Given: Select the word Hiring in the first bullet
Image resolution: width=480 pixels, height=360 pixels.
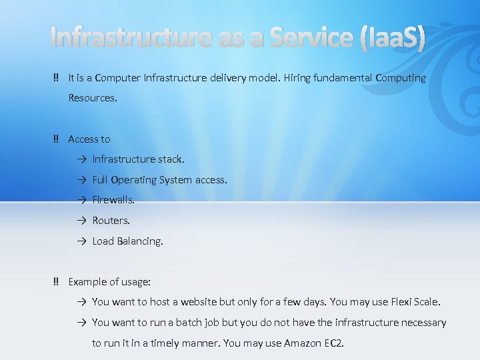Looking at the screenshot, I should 299,78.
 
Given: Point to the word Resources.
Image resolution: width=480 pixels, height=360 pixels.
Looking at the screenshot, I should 92,98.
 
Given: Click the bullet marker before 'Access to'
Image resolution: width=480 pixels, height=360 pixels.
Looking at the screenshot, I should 56,139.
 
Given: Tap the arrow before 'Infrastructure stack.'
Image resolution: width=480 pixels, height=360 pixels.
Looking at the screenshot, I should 80,160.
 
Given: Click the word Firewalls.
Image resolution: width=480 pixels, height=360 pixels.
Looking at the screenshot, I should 113,200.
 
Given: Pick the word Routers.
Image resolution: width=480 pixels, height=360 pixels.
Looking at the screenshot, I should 111,221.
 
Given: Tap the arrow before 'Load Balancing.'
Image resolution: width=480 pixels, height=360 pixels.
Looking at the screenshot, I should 80,241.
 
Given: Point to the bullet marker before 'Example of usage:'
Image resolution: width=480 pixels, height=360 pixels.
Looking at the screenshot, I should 56,282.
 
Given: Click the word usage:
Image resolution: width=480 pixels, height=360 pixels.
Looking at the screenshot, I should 135,282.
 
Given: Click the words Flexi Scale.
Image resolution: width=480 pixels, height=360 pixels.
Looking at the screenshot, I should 415,302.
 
